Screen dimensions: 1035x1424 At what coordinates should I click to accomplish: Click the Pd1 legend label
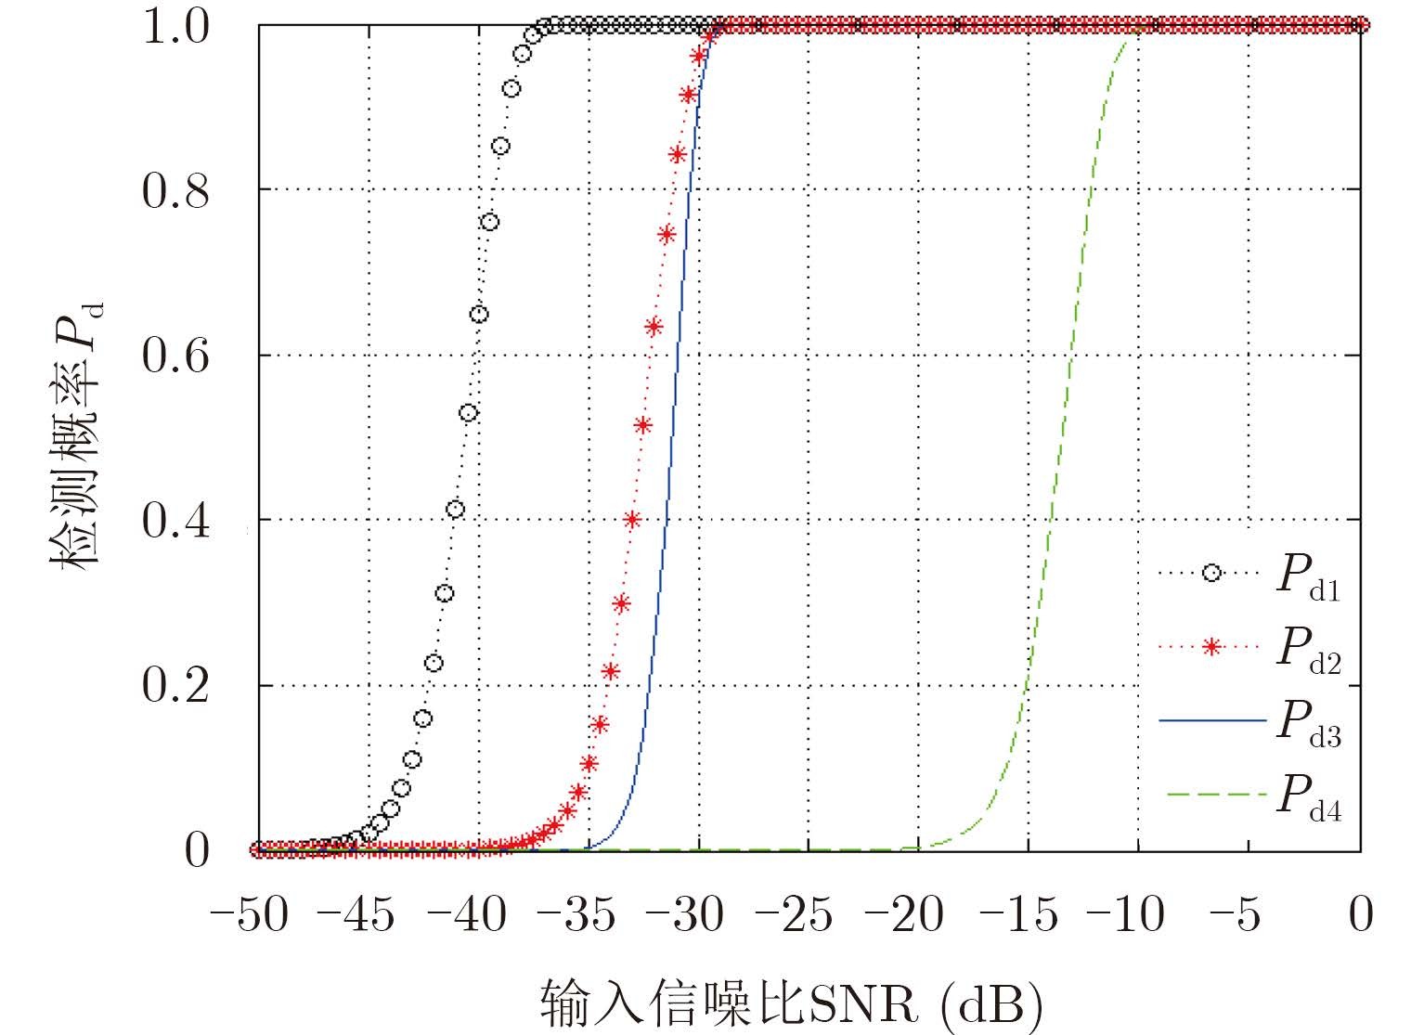1308,577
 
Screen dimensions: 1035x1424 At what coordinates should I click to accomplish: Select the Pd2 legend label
1308,649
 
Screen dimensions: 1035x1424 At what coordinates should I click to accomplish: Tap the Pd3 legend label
1308,723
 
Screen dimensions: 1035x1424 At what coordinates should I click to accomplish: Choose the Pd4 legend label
1308,796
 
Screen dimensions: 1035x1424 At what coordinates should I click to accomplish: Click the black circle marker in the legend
1210,573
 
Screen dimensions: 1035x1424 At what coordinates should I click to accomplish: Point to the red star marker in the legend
1210,646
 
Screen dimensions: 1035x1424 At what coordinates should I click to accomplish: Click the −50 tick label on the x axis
248,916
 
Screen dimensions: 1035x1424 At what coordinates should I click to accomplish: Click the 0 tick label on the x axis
1360,916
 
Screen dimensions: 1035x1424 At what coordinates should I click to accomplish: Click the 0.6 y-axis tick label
176,356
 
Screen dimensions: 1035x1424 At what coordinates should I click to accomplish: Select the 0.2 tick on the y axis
176,686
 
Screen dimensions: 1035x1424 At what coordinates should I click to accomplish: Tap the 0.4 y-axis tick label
176,521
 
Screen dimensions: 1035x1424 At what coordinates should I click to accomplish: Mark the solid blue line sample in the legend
1210,720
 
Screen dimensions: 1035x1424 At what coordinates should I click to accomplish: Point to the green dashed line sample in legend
1210,795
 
